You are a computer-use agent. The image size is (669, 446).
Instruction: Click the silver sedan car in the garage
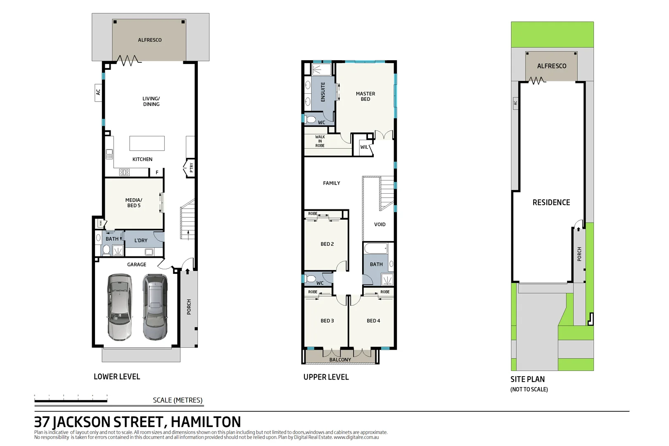point(120,307)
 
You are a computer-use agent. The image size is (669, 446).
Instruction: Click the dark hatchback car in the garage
point(155,307)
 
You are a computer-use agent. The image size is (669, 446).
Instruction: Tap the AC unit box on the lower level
point(98,92)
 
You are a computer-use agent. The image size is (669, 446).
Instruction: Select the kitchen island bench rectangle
point(147,143)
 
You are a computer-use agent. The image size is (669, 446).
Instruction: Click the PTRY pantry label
point(191,168)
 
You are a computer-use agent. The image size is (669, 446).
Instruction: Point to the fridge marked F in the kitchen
point(157,173)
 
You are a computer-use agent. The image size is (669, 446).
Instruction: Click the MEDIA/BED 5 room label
point(133,203)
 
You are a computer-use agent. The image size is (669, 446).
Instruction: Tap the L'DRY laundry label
point(141,240)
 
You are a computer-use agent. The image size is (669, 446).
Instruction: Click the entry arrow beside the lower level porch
point(187,271)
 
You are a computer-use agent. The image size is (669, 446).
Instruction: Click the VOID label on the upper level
point(380,225)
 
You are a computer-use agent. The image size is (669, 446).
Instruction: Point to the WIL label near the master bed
point(364,147)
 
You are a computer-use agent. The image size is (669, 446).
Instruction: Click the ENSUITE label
point(323,92)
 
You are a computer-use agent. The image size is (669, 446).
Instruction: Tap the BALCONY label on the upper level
point(340,360)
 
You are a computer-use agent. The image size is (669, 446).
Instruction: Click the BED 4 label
point(373,321)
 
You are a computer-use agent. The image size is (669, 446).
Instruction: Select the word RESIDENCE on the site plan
point(551,202)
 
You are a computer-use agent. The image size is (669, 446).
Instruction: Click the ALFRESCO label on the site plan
point(551,66)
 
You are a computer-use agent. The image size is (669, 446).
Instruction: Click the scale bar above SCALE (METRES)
point(71,401)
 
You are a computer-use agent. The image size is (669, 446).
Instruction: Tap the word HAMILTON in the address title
point(206,422)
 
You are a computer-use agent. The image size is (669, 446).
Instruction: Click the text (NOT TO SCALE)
point(529,389)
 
